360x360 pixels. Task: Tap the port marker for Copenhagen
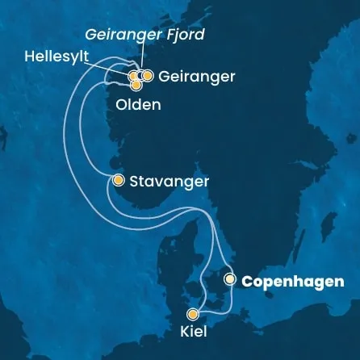(230, 280)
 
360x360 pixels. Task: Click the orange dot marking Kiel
(193, 315)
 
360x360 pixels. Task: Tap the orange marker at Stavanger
(118, 180)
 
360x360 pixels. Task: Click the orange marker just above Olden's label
(136, 84)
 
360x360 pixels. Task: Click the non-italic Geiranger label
(198, 77)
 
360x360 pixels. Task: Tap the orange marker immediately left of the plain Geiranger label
(148, 76)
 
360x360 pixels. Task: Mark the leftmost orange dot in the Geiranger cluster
(133, 77)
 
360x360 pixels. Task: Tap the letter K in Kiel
(186, 331)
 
